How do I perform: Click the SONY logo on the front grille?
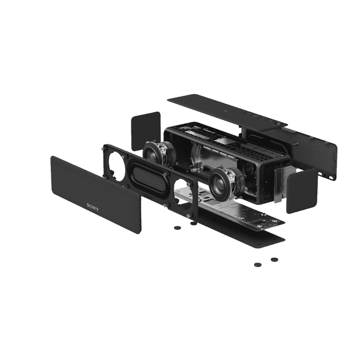(x=93, y=207)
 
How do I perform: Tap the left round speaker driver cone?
(x=153, y=154)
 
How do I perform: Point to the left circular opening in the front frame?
(x=114, y=164)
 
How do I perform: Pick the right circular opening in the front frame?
(x=184, y=194)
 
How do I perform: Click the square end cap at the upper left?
(x=146, y=131)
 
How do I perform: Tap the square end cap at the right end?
(x=302, y=191)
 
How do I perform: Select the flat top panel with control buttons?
(x=227, y=110)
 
